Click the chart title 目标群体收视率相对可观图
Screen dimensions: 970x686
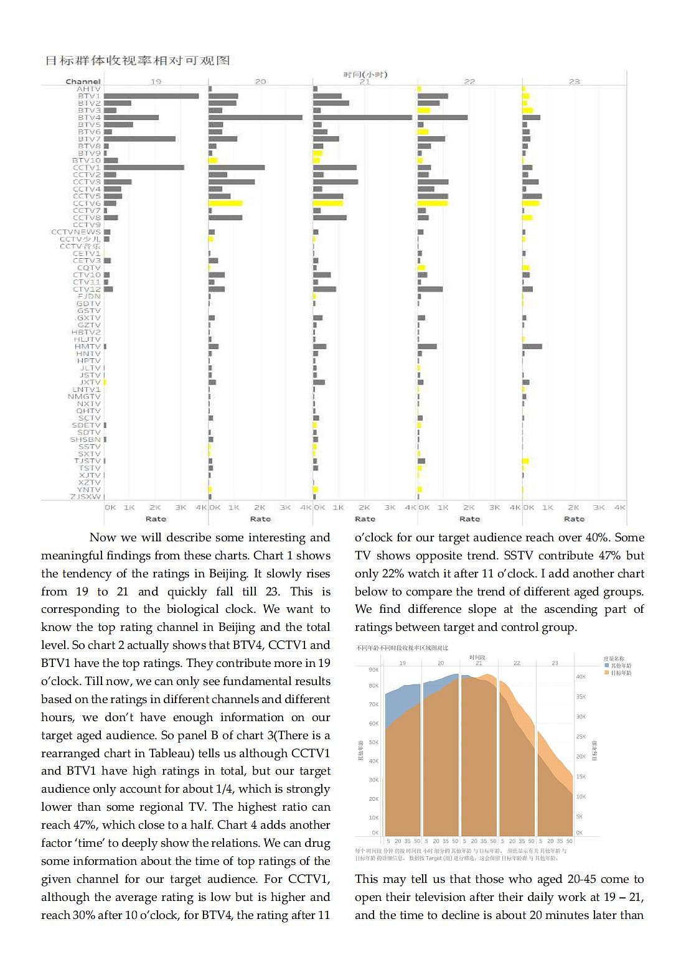point(137,60)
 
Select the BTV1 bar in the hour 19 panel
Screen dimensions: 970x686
point(151,96)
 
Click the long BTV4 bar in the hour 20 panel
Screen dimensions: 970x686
point(255,118)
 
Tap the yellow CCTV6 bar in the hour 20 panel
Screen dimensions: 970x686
point(225,203)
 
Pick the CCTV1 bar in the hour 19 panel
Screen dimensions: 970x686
point(144,167)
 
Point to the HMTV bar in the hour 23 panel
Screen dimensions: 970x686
point(532,347)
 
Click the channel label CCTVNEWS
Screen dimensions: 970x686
point(75,232)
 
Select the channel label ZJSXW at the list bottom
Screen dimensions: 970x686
point(85,497)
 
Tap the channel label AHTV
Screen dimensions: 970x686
point(88,89)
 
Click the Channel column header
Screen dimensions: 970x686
point(83,82)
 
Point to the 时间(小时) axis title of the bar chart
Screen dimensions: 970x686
point(365,75)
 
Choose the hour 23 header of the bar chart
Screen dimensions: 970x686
point(574,82)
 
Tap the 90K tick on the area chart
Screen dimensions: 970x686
point(374,669)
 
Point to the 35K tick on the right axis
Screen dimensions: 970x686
point(580,697)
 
